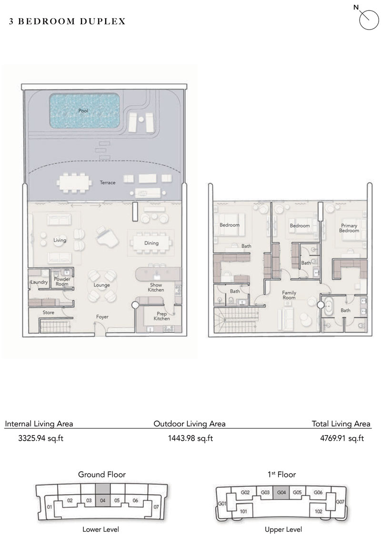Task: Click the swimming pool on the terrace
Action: (84, 111)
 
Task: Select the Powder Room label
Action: (62, 282)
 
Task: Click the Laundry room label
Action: (39, 282)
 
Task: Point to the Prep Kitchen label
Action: (162, 316)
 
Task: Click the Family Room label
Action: (289, 295)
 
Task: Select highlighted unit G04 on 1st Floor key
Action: (281, 492)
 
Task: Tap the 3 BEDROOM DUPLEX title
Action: (67, 21)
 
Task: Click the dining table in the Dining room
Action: (151, 243)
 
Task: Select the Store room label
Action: (48, 313)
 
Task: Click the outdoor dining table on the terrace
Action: (73, 182)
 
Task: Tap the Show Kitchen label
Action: (156, 287)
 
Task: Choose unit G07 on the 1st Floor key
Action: (340, 502)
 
